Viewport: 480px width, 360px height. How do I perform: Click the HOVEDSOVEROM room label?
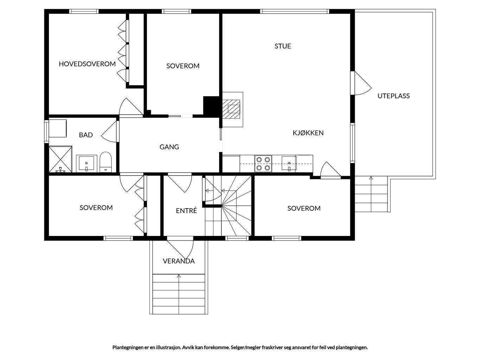pyautogui.click(x=87, y=64)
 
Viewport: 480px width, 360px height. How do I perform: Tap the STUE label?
pyautogui.click(x=283, y=46)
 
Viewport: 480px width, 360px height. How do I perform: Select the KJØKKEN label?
pyautogui.click(x=308, y=133)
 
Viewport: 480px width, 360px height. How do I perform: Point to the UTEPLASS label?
pyautogui.click(x=393, y=96)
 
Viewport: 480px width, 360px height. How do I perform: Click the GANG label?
pyautogui.click(x=169, y=147)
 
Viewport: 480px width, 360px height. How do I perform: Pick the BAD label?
pyautogui.click(x=86, y=135)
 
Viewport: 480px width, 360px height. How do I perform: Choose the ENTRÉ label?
pyautogui.click(x=186, y=211)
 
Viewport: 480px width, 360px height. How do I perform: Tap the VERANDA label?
pyautogui.click(x=179, y=261)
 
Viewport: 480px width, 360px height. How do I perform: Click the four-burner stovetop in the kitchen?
pyautogui.click(x=263, y=164)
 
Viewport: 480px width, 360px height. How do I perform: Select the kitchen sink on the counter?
pyautogui.click(x=289, y=163)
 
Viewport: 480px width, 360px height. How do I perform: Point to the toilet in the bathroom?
pyautogui.click(x=105, y=162)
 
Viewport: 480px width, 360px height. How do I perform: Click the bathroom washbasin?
pyautogui.click(x=87, y=163)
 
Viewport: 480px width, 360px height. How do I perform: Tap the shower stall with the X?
pyautogui.click(x=60, y=159)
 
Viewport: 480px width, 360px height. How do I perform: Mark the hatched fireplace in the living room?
pyautogui.click(x=231, y=109)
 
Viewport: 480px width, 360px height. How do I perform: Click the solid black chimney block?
pyautogui.click(x=211, y=106)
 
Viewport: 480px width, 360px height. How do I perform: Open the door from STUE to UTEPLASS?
pyautogui.click(x=361, y=83)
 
